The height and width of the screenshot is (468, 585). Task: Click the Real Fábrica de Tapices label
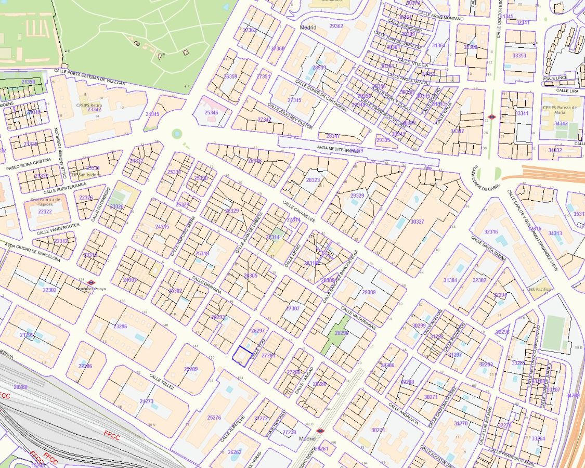coord(45,202)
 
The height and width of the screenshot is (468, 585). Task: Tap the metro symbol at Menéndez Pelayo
coord(91,282)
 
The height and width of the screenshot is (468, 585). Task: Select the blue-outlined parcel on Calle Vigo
coord(242,356)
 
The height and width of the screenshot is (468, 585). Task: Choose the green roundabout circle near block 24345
coord(177,134)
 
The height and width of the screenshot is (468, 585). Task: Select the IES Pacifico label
coord(540,289)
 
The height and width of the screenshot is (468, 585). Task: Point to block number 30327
coord(417,222)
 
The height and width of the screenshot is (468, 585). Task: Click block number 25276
coord(214,418)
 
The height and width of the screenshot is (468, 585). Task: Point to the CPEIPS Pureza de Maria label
coord(560,109)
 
